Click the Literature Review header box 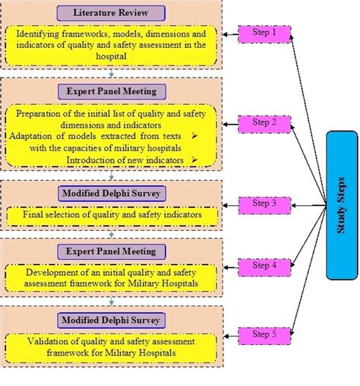tap(112, 14)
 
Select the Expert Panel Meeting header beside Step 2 tap(112, 92)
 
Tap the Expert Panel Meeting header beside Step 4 tap(112, 251)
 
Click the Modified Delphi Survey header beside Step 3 tap(112, 193)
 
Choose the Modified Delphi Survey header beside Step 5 tap(112, 319)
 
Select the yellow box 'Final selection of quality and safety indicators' tap(112, 215)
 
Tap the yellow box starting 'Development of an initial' tap(112, 278)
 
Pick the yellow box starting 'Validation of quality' tap(112, 346)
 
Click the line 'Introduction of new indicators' tap(125, 160)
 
